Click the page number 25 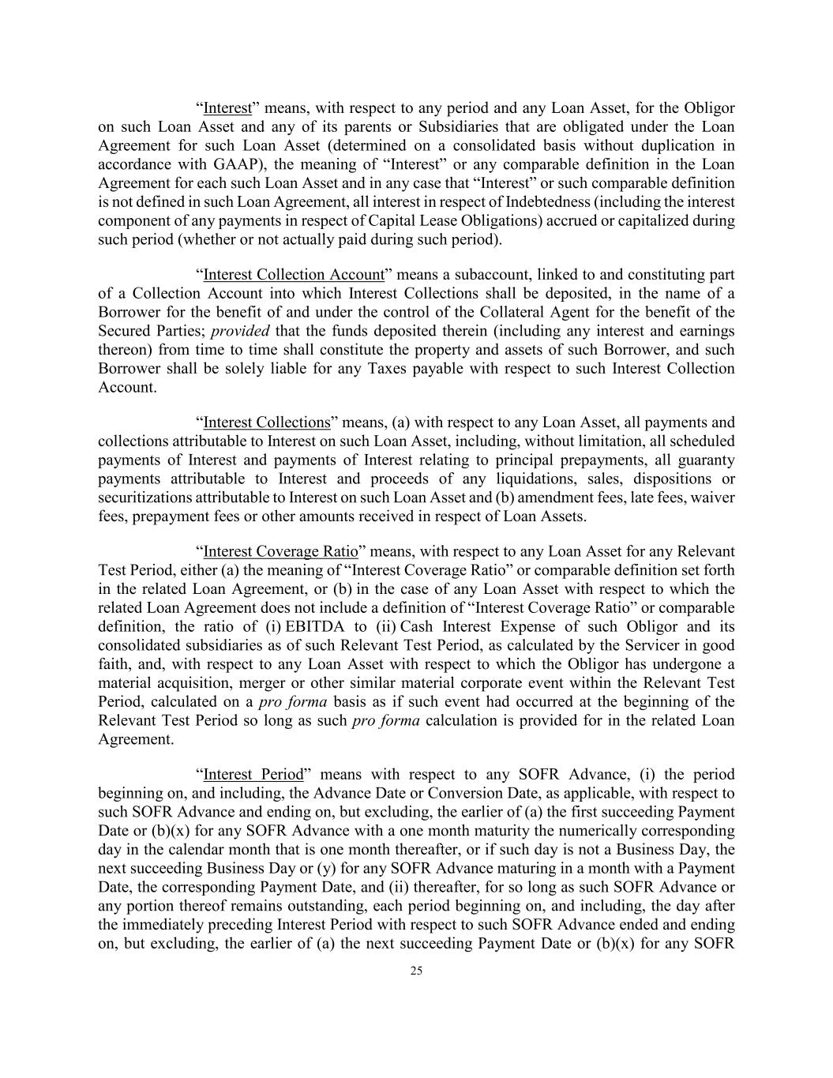pos(416,971)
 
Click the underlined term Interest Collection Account pos(294,275)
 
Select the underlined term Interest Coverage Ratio pos(280,551)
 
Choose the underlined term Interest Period pos(253,774)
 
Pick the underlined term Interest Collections pos(266,423)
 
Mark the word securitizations pos(144,498)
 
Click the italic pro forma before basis pos(293,702)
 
